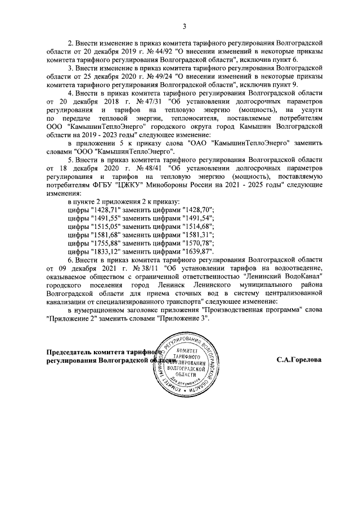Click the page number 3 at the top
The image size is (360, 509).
pos(183,25)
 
